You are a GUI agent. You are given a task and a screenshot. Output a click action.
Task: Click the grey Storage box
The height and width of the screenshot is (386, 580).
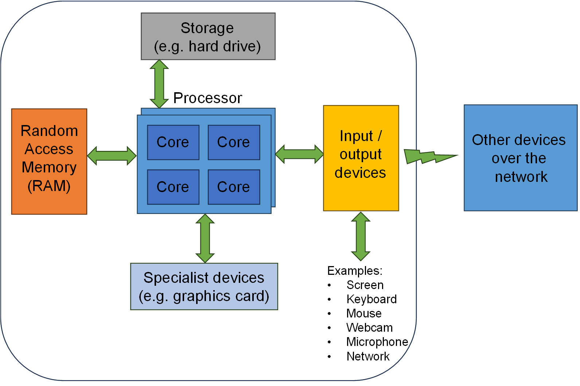(208, 36)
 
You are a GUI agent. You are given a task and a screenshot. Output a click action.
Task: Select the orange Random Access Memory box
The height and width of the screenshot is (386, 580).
(49, 161)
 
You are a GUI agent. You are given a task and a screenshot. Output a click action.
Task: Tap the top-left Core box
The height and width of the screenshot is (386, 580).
(173, 142)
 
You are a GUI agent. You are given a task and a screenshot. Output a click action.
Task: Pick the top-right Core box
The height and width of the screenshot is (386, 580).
(234, 142)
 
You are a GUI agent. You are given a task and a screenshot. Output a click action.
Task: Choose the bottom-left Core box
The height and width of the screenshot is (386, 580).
(173, 187)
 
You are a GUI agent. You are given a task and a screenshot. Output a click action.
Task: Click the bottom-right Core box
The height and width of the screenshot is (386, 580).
(234, 187)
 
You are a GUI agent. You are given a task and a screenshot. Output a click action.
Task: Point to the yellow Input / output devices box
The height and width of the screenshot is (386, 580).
(361, 158)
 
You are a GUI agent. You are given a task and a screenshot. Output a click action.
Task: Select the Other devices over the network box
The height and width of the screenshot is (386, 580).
(520, 158)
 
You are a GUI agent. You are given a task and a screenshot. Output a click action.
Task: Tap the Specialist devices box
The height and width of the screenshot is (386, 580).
(204, 286)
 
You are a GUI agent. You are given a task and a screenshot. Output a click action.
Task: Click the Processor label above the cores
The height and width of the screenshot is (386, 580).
(207, 98)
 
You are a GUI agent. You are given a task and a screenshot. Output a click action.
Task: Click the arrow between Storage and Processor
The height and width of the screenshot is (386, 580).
(159, 84)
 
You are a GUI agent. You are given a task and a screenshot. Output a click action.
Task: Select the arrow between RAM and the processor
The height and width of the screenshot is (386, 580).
(112, 156)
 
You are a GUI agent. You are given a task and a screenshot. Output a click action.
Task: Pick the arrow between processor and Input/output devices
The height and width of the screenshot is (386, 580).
(299, 154)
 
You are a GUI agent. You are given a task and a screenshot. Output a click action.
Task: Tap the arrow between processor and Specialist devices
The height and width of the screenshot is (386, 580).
(205, 238)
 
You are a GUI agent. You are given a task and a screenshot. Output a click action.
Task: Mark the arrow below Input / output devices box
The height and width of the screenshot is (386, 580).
(361, 236)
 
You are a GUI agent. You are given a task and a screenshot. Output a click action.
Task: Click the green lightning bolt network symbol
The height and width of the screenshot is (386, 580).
(428, 156)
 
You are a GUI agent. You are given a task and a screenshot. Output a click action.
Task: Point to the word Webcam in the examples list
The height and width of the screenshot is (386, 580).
(369, 328)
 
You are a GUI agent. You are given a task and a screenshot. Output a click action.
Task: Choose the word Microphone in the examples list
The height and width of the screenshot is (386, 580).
(377, 342)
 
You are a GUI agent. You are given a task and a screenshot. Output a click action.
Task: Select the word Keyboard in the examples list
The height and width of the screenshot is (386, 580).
(371, 299)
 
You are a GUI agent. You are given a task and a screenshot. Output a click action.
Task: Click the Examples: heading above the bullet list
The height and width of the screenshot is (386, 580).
(355, 271)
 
